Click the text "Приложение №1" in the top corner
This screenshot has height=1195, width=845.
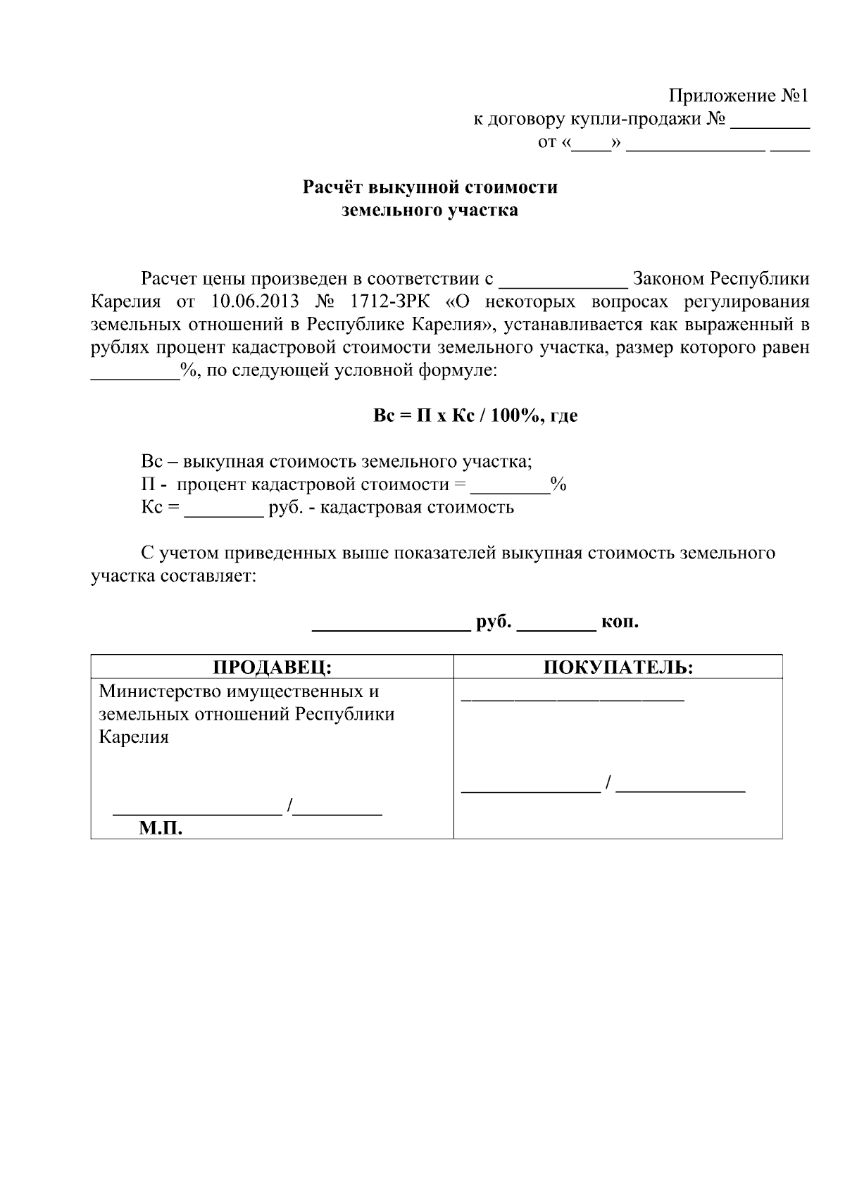pyautogui.click(x=738, y=96)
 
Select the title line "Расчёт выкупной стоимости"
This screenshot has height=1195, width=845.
pyautogui.click(x=430, y=187)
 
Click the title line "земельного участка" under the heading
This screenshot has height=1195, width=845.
pyautogui.click(x=430, y=210)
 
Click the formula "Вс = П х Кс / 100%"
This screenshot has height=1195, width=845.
pyautogui.click(x=455, y=415)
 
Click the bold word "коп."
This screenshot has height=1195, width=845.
pyautogui.click(x=620, y=622)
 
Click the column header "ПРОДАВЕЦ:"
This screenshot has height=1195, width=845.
pyautogui.click(x=272, y=667)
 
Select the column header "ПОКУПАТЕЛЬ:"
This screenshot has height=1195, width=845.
pyautogui.click(x=618, y=667)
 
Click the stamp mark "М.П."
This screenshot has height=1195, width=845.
pyautogui.click(x=161, y=829)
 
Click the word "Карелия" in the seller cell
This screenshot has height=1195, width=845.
pyautogui.click(x=134, y=737)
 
